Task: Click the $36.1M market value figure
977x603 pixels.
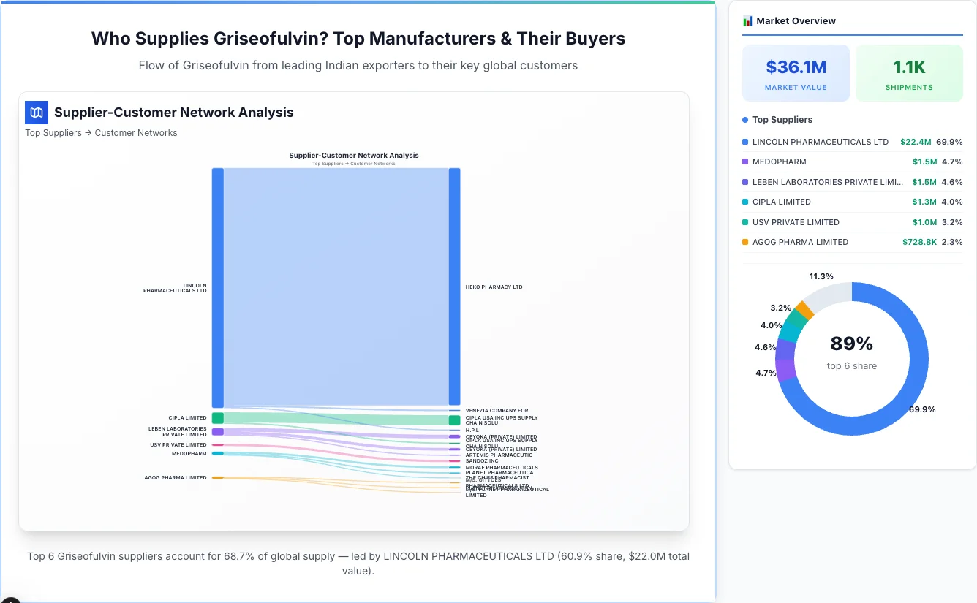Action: point(796,67)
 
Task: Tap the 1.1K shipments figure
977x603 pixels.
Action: point(909,67)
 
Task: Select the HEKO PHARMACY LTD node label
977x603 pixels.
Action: point(494,287)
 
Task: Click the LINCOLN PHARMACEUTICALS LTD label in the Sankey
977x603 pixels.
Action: point(175,288)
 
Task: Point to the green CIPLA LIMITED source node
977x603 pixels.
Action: point(218,418)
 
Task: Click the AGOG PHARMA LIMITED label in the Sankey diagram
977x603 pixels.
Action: point(176,478)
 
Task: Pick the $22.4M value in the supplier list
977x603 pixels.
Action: point(916,142)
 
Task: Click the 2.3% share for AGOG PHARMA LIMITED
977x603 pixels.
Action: point(952,242)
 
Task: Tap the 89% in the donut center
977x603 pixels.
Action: point(851,344)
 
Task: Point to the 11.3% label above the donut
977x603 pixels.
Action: point(821,276)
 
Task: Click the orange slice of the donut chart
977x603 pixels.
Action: point(804,310)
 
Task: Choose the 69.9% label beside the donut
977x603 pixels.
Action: point(922,409)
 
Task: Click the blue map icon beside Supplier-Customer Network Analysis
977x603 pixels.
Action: point(37,113)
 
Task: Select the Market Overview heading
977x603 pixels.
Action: point(796,21)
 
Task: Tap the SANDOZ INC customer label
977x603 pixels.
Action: point(482,461)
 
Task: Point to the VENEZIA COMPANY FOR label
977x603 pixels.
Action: point(497,411)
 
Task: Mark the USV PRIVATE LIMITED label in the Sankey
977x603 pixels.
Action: point(178,445)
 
